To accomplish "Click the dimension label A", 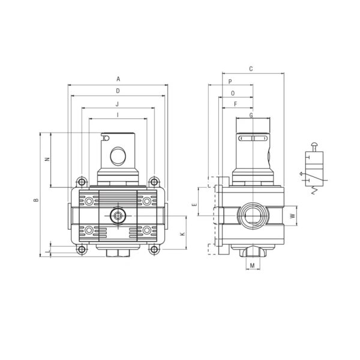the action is pos(118,79).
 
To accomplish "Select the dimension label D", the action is pos(118,91).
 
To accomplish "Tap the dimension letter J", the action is pos(118,104).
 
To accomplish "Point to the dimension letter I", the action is pos(118,115).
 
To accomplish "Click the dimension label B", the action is pos(36,200).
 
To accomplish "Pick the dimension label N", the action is pos(47,159).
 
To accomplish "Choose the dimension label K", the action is pos(183,234).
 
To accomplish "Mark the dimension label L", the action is pos(47,251).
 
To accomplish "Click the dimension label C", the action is pos(251,68).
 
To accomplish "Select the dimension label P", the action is pos(230,82).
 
